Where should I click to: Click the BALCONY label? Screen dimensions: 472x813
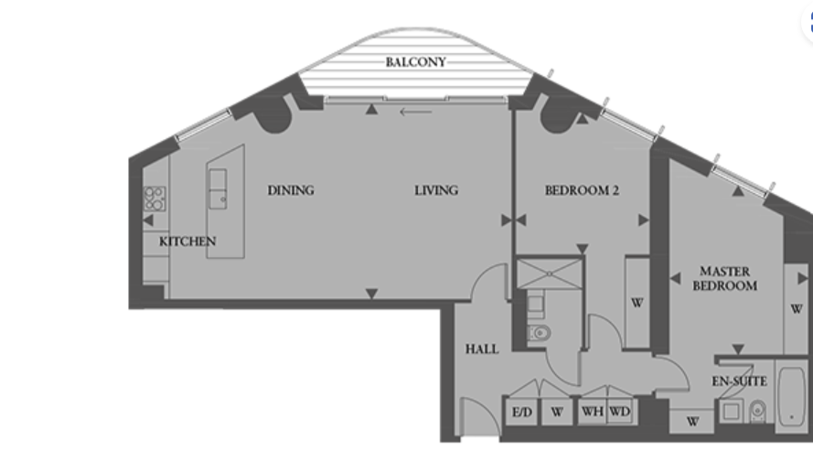pos(416,62)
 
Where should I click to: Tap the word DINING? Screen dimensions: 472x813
pos(291,190)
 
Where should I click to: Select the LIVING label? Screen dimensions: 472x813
pos(436,190)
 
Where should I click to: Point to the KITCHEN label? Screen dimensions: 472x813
pos(187,241)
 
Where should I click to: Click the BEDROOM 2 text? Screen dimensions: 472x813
pos(583,190)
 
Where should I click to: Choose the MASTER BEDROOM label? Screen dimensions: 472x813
pos(724,278)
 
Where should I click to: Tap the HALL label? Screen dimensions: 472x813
pos(481,349)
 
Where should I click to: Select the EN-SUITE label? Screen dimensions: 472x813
pos(739,381)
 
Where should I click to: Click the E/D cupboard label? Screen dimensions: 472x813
pos(521,413)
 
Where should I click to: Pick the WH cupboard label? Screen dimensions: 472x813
pos(592,413)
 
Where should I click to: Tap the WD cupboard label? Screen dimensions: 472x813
pos(619,413)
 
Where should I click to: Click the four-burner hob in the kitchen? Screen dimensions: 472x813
pos(155,198)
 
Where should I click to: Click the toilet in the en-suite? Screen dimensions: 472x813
pos(758,413)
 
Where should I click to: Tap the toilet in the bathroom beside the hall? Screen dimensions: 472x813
pos(539,332)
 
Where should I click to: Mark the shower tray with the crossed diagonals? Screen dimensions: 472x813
pos(548,274)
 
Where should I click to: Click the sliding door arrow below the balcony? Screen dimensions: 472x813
pos(416,113)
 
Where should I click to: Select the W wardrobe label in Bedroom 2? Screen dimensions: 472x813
pos(636,303)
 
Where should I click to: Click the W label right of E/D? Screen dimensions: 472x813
pos(556,413)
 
